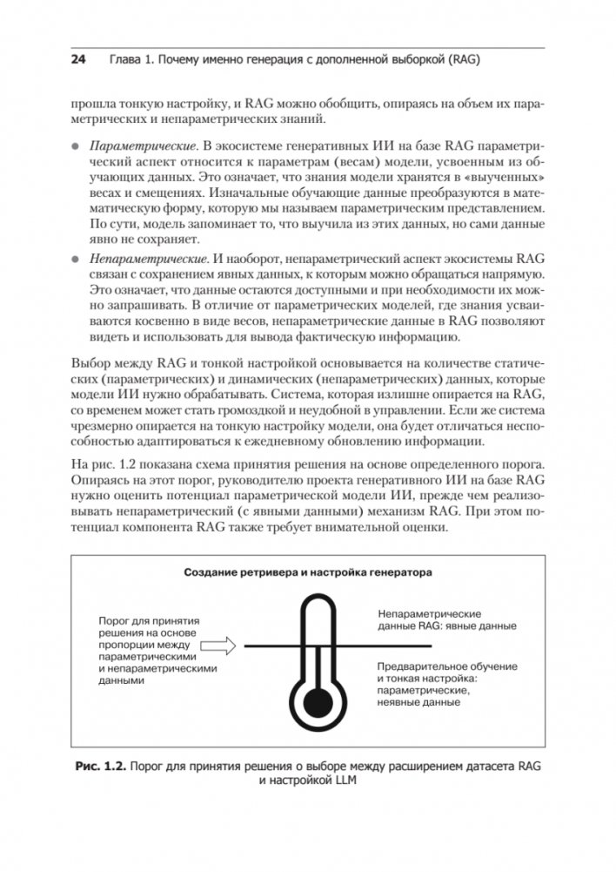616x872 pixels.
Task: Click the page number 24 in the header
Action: pos(77,61)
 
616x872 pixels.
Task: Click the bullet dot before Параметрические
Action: pos(77,141)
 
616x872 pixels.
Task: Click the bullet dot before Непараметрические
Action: pos(77,259)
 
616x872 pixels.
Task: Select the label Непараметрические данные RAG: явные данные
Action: pos(447,620)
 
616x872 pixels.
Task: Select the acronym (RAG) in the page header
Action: pos(460,61)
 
